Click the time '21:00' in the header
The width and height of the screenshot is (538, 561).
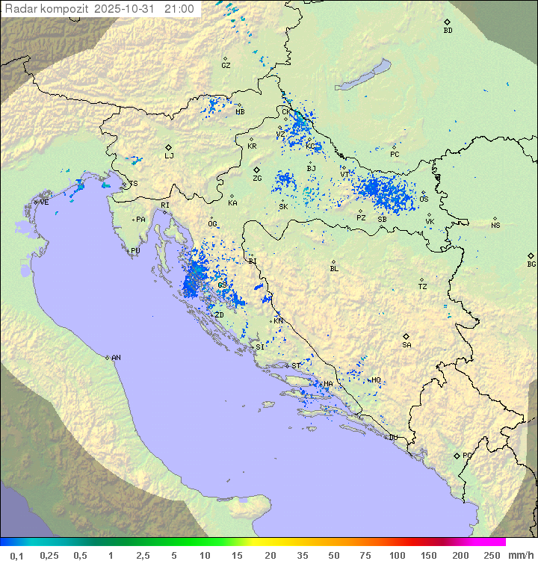179,9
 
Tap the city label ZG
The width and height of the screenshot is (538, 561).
257,179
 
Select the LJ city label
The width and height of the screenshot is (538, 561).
170,156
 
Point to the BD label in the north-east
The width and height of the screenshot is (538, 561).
448,31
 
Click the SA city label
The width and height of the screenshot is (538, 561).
406,345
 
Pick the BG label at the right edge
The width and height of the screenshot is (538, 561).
531,264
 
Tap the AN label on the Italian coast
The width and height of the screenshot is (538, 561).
116,358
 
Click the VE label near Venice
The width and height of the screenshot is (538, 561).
44,202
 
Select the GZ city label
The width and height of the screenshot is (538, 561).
226,66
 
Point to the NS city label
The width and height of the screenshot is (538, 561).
495,226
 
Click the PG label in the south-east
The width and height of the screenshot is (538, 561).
467,456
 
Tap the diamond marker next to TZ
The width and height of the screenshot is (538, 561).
422,279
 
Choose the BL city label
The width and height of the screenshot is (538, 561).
334,269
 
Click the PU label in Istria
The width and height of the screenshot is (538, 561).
135,252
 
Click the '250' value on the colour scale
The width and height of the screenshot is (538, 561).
491,555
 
